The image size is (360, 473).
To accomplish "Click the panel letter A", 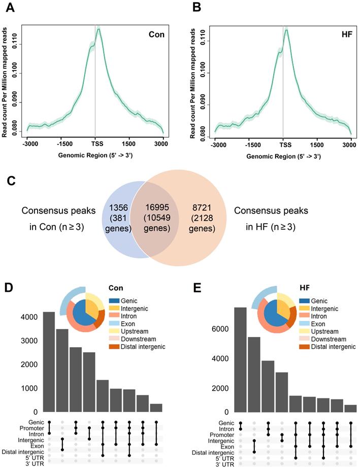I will tap(9, 9).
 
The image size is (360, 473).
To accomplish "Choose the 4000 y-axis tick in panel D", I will tap(29, 317).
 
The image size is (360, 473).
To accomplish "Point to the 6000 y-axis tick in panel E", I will tap(221, 329).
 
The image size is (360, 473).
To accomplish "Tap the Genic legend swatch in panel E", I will tap(305, 301).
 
